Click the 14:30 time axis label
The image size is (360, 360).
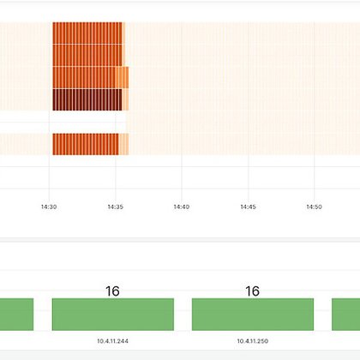click(49, 207)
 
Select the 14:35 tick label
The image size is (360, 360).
click(116, 207)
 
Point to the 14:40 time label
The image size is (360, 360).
click(181, 207)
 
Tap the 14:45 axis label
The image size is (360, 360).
click(248, 207)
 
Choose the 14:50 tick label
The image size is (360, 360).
click(314, 207)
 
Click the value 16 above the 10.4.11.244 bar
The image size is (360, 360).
click(112, 291)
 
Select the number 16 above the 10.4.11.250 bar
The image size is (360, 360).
click(252, 291)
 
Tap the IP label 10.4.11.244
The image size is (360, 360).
click(112, 340)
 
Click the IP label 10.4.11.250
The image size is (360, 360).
click(252, 340)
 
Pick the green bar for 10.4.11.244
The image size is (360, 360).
click(112, 314)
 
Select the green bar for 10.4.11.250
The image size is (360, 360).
click(252, 314)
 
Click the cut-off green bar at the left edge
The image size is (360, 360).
click(16, 314)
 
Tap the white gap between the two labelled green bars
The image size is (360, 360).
click(183, 314)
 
